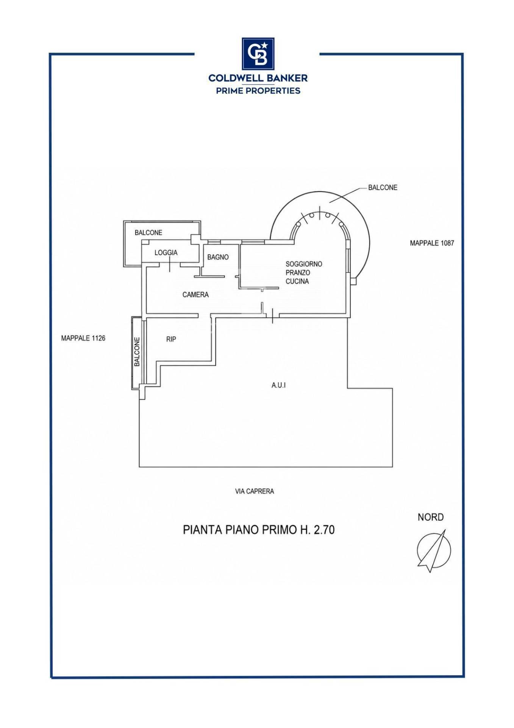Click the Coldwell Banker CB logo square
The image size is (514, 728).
[258, 53]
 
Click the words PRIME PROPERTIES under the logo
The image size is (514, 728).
[258, 91]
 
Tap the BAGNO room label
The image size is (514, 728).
[218, 257]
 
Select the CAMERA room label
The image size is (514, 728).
[195, 295]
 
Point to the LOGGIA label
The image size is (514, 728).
[166, 253]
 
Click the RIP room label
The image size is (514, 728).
[171, 339]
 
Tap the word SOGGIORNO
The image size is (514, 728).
[304, 264]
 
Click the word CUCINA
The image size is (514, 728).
[297, 281]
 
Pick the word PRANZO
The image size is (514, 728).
[298, 273]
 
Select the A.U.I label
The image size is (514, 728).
[278, 385]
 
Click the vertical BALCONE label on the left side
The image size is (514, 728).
[137, 352]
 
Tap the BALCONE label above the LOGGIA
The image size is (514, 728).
[148, 233]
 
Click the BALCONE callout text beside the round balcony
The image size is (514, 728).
[383, 188]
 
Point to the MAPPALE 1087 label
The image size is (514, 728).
[432, 243]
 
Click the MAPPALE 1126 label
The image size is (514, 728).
[83, 338]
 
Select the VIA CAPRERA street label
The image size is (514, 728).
[255, 491]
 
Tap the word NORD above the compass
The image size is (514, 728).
[431, 517]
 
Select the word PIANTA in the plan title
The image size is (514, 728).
[202, 530]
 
